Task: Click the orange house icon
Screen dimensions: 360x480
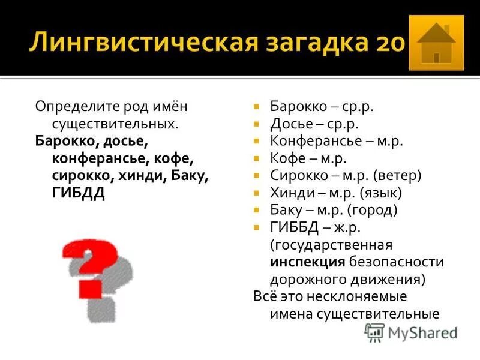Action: click(x=436, y=43)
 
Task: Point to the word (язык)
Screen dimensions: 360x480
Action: click(x=381, y=193)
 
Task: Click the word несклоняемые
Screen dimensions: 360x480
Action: click(x=361, y=296)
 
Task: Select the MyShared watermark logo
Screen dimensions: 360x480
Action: click(x=412, y=332)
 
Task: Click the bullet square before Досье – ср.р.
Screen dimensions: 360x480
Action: click(x=257, y=124)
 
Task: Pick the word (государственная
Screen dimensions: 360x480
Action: click(x=331, y=245)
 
